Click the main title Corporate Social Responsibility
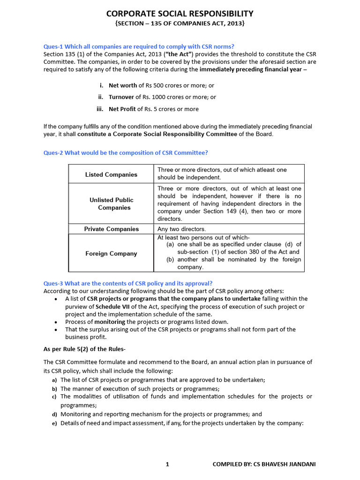point(180,14)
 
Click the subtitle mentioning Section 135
point(180,23)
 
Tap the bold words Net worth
point(123,85)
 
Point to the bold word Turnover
point(121,97)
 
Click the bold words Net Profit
point(122,109)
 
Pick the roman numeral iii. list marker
point(100,109)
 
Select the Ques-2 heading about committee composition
point(126,152)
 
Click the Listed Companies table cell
point(111,174)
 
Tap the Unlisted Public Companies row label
point(111,203)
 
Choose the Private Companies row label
point(111,229)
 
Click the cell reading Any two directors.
point(182,229)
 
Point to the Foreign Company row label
point(111,254)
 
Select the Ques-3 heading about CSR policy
point(128,283)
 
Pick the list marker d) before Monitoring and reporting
point(54,414)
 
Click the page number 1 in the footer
point(167,464)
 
